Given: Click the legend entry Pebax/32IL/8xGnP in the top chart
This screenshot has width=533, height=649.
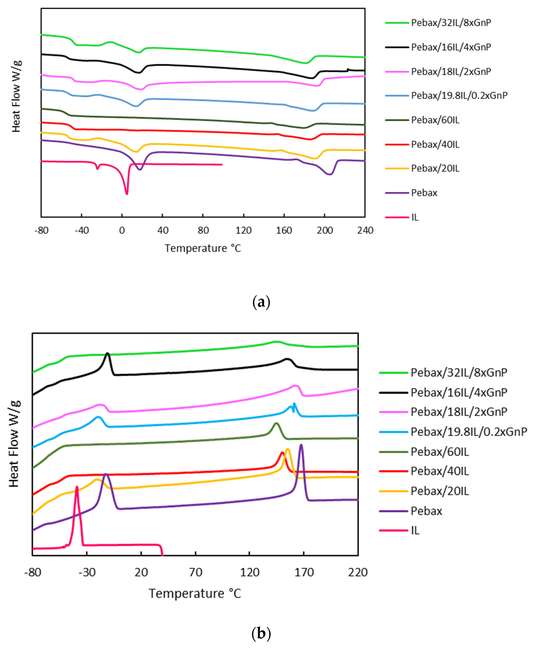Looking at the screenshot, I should point(451,23).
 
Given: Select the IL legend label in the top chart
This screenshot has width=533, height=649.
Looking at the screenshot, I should point(415,217).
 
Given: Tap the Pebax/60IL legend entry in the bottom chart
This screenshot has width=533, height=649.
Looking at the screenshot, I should point(440,452).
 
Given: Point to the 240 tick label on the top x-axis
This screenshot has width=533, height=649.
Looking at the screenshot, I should point(365,231).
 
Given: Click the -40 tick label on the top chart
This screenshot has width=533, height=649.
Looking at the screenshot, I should point(82,231).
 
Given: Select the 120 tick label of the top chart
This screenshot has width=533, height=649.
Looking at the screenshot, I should point(244,231).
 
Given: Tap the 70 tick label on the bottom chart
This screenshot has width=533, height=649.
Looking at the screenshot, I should point(196,572).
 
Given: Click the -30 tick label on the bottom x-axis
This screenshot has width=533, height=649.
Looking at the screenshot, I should point(87,572).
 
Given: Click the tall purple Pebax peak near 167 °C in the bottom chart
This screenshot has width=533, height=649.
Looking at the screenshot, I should point(301,445).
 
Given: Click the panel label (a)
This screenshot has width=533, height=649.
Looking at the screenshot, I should point(261,302).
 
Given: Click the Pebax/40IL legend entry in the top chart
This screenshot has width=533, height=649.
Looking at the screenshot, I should point(435,144).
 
